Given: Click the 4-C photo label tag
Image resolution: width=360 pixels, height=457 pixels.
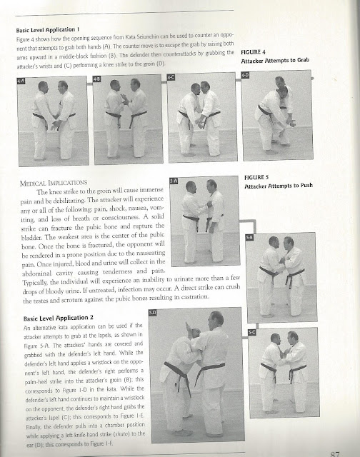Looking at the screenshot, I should point(171,76).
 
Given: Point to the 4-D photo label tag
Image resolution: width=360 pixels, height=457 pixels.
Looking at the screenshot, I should point(245,74).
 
